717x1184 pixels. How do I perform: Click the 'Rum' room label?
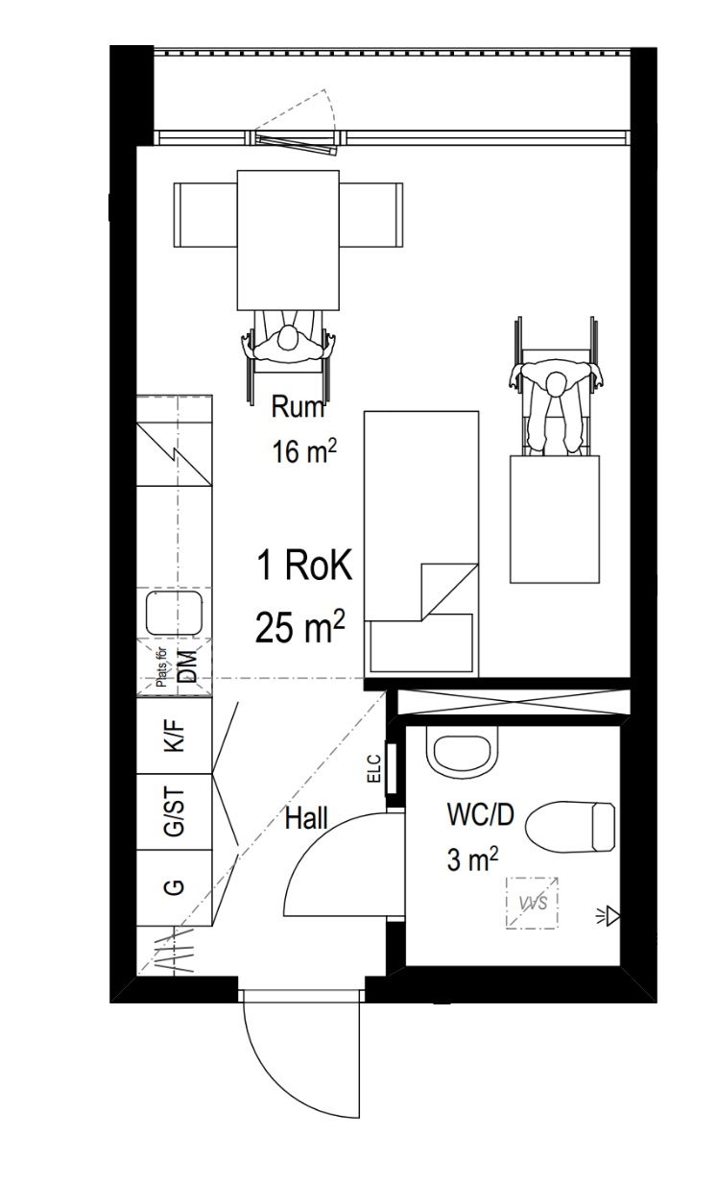tap(298, 407)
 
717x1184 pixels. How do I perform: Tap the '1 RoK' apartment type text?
tap(304, 565)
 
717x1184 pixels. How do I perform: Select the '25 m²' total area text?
tap(300, 626)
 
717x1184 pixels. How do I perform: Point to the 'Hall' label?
tap(306, 818)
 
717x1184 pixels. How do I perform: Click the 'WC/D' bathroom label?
tap(480, 814)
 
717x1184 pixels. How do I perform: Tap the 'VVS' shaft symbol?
tap(532, 903)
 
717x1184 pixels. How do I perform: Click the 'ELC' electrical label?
tap(373, 768)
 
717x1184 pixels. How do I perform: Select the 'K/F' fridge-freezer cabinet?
tap(175, 736)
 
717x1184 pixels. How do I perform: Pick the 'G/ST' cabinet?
tap(175, 812)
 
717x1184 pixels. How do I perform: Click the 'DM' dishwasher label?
tap(187, 666)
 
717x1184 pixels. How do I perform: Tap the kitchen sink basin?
tap(175, 614)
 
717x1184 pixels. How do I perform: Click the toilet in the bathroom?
tap(570, 827)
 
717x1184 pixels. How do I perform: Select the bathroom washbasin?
tap(463, 752)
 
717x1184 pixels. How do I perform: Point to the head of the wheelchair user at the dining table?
tap(288, 338)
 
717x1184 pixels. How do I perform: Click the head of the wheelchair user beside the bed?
tap(556, 384)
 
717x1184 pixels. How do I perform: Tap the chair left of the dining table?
tap(206, 214)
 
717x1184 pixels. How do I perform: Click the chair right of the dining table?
tap(370, 214)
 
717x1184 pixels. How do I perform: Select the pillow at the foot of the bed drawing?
tap(421, 642)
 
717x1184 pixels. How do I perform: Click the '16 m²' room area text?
tap(304, 452)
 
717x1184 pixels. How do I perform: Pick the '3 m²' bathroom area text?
tap(472, 859)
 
